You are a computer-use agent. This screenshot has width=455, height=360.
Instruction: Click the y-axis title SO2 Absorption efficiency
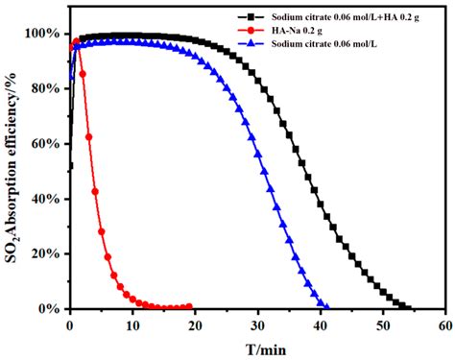point(12,169)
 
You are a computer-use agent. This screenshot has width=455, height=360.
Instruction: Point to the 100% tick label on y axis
point(44,34)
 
